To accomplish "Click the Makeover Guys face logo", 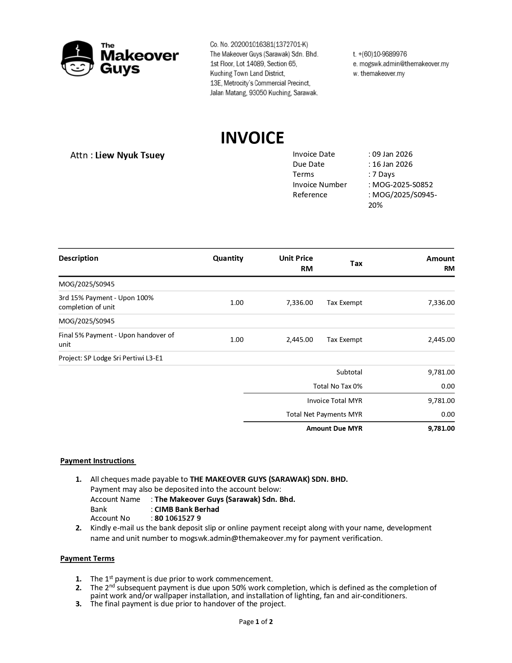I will tap(78, 59).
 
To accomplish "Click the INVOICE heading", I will tap(252, 138).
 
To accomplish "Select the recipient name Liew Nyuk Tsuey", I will tap(130, 156).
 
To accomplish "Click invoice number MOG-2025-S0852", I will tap(402, 185).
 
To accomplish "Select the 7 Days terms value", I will tap(383, 174).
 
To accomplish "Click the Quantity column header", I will tap(228, 258).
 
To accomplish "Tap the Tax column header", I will tap(356, 264).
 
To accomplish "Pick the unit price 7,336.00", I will tap(300, 303).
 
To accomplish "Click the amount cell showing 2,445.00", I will tap(441, 340).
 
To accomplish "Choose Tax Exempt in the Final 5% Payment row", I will tap(344, 340).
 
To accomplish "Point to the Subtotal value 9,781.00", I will tap(441, 372).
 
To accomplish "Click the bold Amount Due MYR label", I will tap(334, 428).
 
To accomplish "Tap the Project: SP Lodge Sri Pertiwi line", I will tap(111, 358).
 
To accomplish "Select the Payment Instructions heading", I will tap(98, 461).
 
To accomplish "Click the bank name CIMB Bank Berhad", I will tap(187, 510).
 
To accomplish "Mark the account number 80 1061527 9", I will tap(177, 518).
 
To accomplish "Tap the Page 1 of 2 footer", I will tap(256, 622).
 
